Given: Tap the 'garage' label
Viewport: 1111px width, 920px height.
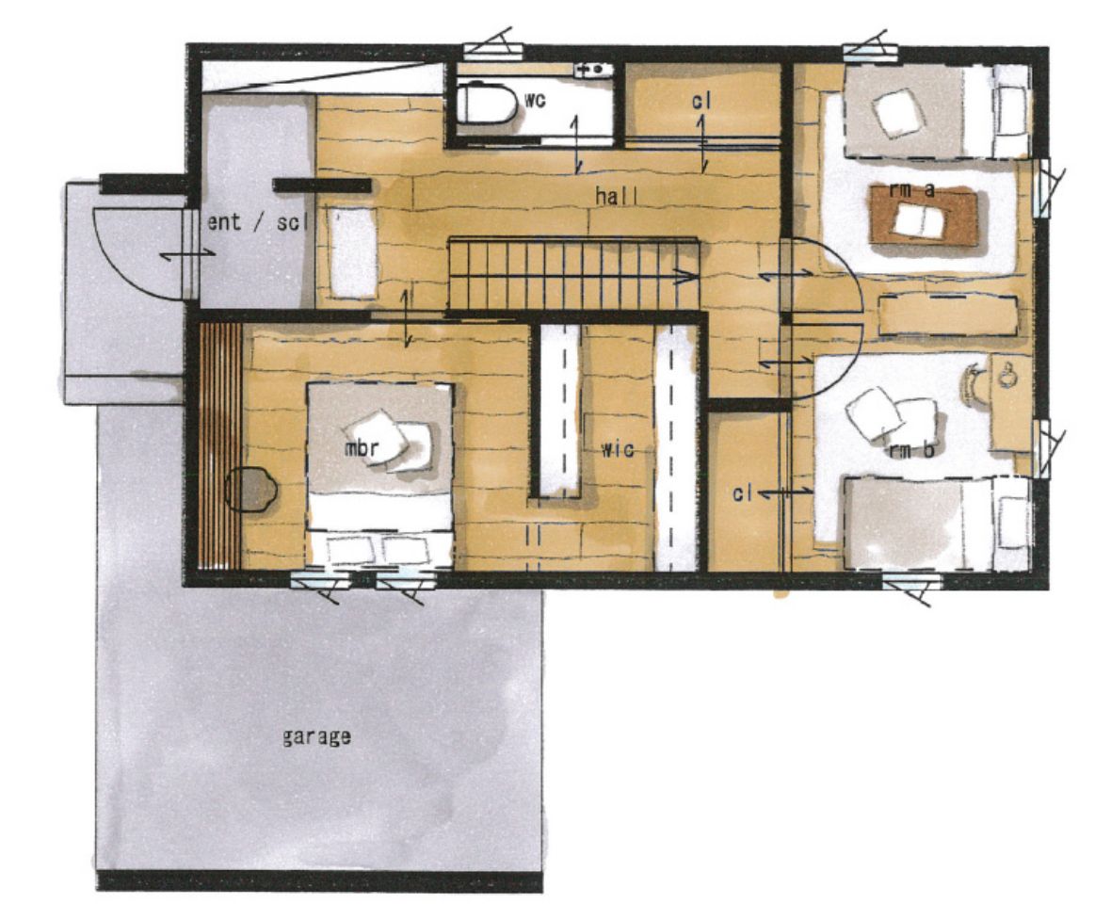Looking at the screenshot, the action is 316,737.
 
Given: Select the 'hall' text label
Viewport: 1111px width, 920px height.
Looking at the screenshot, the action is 616,196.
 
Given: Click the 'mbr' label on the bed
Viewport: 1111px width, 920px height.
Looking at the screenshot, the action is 362,448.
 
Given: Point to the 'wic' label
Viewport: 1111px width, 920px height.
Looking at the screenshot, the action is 617,448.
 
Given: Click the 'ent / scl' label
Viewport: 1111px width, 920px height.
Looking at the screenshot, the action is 258,222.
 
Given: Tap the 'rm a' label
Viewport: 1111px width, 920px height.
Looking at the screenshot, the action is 912,189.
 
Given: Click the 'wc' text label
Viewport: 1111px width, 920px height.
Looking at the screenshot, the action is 535,101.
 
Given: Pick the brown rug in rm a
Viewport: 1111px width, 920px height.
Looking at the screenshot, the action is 925,216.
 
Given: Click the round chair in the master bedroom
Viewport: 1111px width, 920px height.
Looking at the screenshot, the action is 250,489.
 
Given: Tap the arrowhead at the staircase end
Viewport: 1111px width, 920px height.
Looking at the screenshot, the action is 685,277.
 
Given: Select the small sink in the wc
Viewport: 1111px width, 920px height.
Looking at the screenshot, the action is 594,69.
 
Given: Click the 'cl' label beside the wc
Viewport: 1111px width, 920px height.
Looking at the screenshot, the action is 701,102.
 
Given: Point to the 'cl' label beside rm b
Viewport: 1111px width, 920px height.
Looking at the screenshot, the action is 742,493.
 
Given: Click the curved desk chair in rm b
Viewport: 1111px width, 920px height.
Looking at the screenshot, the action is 975,382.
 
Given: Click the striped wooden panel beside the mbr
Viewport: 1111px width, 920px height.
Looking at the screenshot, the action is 219,446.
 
